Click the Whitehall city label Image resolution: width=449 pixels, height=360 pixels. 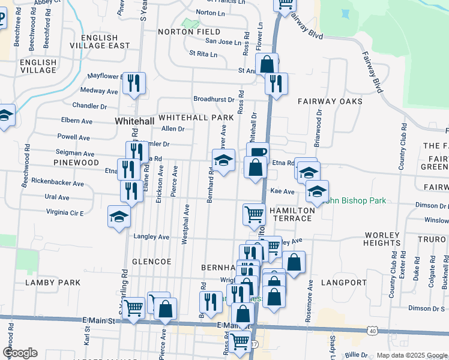(134, 121)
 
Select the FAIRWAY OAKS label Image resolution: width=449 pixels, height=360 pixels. (330, 101)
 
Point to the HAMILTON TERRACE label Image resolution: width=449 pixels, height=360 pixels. (291, 214)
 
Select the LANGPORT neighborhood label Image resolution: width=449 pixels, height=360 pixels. (343, 282)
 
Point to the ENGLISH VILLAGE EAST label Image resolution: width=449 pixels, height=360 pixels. (100, 41)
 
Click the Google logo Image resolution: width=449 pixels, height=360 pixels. (20, 353)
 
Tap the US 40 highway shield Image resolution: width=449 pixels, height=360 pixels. (372, 331)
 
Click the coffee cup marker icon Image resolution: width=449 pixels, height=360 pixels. (258, 152)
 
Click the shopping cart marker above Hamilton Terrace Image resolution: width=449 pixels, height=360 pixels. (254, 214)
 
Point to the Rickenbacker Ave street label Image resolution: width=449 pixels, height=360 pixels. (58, 182)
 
